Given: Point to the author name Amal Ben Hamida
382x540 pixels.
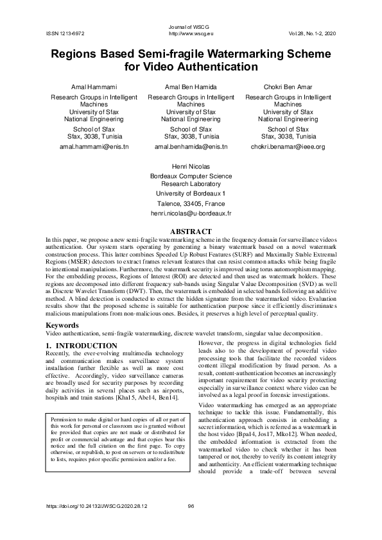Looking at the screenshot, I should [x=191, y=86].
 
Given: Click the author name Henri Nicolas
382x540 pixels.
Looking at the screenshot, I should [x=191, y=166].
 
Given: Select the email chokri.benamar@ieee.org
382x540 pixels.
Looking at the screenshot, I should [x=287, y=147].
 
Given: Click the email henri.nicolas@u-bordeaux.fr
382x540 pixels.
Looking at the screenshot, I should [x=191, y=212].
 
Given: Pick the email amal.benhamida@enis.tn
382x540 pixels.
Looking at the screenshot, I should [x=191, y=147].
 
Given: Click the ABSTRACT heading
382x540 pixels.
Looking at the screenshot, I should [x=191, y=231].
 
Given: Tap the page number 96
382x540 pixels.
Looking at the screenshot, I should [x=191, y=523].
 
